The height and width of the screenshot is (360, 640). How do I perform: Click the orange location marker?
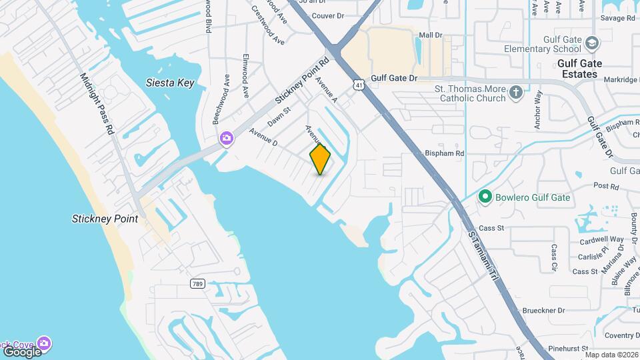[320, 159]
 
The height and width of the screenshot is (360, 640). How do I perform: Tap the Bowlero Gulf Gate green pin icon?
[485, 197]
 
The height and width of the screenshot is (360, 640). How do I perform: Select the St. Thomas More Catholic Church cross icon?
[515, 93]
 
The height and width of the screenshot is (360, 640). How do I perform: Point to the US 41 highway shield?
[359, 85]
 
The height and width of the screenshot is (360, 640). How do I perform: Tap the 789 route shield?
[197, 284]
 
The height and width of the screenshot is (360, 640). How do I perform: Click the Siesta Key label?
[170, 83]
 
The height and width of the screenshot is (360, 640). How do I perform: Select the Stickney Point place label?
[105, 219]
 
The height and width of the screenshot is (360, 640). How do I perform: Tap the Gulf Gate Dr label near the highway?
[394, 78]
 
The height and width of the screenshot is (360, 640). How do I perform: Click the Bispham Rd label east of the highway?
[444, 153]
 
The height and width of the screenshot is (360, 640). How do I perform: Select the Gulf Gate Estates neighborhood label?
[579, 69]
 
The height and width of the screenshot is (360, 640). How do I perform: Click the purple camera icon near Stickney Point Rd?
[227, 138]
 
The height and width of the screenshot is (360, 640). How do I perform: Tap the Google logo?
[22, 351]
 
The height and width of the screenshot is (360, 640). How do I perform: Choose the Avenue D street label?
[263, 136]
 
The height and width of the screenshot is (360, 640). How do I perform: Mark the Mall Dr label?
[431, 35]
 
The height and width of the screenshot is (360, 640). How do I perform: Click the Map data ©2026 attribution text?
[611, 355]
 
